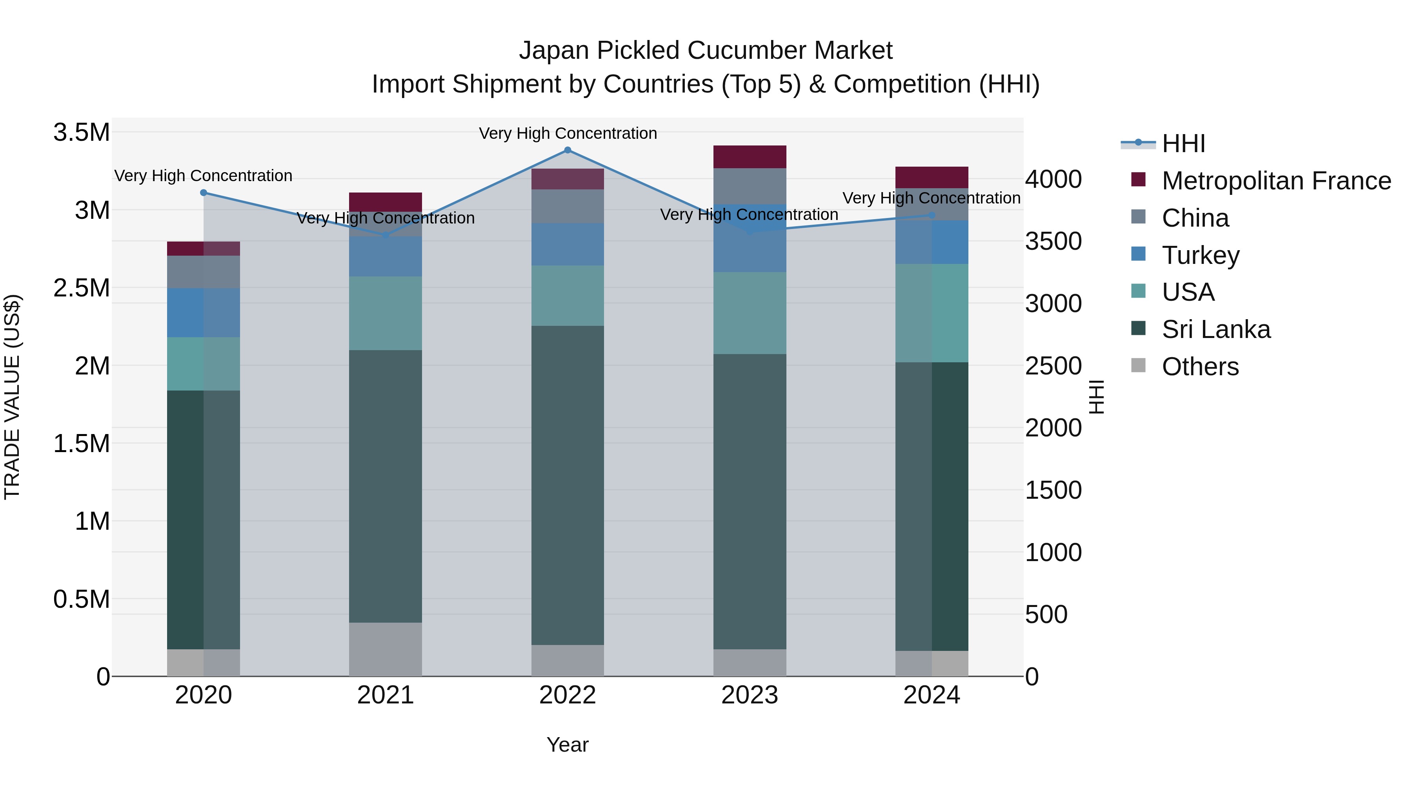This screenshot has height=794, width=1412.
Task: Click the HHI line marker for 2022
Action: pos(567,150)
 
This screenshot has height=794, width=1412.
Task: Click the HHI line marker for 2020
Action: pos(203,193)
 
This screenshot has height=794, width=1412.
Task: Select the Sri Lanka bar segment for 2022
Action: pos(567,485)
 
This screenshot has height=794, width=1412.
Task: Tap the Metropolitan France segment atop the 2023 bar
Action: pos(749,157)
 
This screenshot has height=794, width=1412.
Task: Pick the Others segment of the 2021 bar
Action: pos(385,649)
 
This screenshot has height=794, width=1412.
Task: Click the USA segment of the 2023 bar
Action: pos(749,313)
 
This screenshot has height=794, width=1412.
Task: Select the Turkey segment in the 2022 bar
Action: pos(567,244)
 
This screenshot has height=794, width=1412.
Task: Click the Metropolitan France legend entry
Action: pos(1276,181)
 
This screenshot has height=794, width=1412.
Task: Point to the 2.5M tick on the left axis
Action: pos(81,288)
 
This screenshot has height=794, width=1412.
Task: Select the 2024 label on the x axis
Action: pos(931,695)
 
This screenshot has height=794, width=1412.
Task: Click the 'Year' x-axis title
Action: pos(567,745)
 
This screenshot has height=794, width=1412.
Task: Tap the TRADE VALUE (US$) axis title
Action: pos(13,397)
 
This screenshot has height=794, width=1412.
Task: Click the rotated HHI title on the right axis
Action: pos(1096,397)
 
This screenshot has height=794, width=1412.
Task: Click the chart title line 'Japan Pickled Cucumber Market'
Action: pos(706,51)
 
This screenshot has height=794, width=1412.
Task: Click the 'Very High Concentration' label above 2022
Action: pos(567,133)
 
